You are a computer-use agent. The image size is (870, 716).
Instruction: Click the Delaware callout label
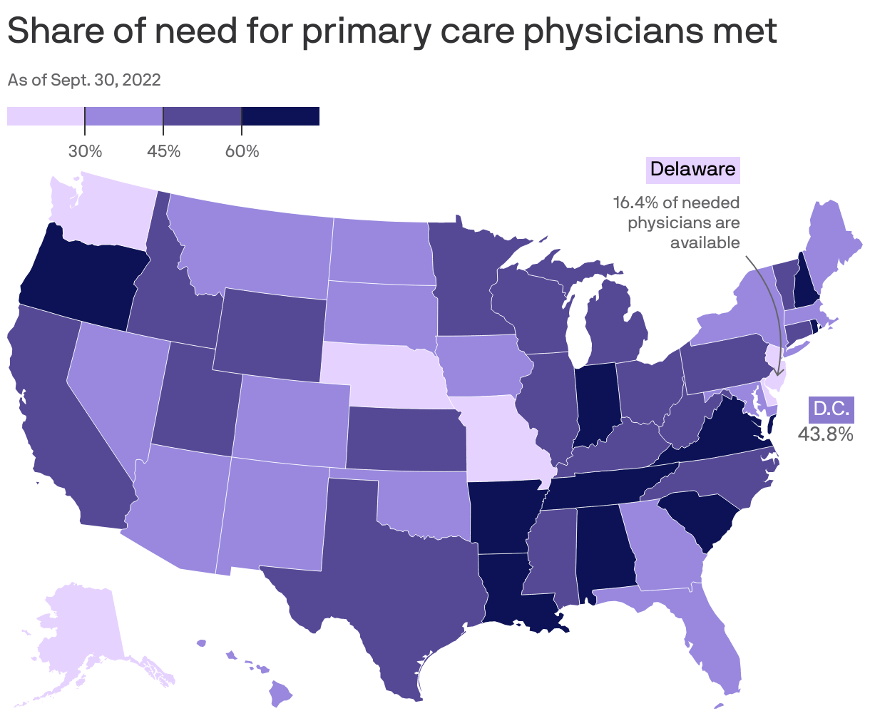pyautogui.click(x=692, y=169)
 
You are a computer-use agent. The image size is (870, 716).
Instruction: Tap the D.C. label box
pyautogui.click(x=830, y=409)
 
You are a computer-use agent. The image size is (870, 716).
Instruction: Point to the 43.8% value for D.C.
pyautogui.click(x=825, y=434)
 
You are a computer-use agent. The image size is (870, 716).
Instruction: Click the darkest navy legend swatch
pyautogui.click(x=280, y=116)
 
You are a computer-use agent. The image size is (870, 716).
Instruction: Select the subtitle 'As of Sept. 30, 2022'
pyautogui.click(x=83, y=80)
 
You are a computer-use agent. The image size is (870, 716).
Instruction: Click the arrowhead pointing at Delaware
pyautogui.click(x=777, y=372)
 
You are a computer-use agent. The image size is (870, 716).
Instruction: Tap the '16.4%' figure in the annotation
pyautogui.click(x=636, y=203)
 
